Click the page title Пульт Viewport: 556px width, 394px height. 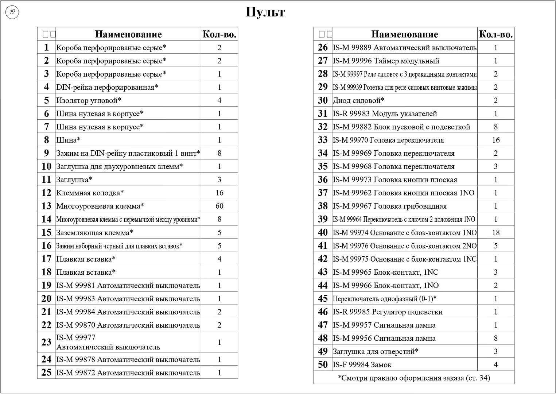[x=265, y=12]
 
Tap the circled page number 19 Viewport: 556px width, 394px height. [x=12, y=13]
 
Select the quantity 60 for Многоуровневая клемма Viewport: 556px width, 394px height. [x=219, y=206]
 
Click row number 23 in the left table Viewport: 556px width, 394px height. [x=46, y=342]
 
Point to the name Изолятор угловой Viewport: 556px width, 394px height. [x=89, y=100]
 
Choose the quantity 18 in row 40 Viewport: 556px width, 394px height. [x=495, y=233]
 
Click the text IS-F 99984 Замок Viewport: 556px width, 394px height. [x=362, y=365]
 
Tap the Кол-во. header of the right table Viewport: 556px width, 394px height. [x=496, y=34]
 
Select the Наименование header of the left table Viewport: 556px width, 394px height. [x=128, y=34]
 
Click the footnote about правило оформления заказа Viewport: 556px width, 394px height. [x=414, y=378]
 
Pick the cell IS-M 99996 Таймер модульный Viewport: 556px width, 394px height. [x=386, y=61]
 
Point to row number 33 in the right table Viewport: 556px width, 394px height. [x=323, y=140]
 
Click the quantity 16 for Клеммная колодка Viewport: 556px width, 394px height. [x=219, y=193]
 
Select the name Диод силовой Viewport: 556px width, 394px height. [x=358, y=100]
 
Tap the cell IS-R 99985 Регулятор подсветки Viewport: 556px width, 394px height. [x=388, y=312]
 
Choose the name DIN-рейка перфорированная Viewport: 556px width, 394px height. [x=107, y=87]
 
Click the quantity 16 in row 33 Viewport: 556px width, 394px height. [x=495, y=140]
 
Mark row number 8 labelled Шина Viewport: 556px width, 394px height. [x=46, y=140]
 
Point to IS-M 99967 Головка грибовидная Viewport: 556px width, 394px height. [x=389, y=206]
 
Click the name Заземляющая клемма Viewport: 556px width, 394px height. [x=95, y=233]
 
